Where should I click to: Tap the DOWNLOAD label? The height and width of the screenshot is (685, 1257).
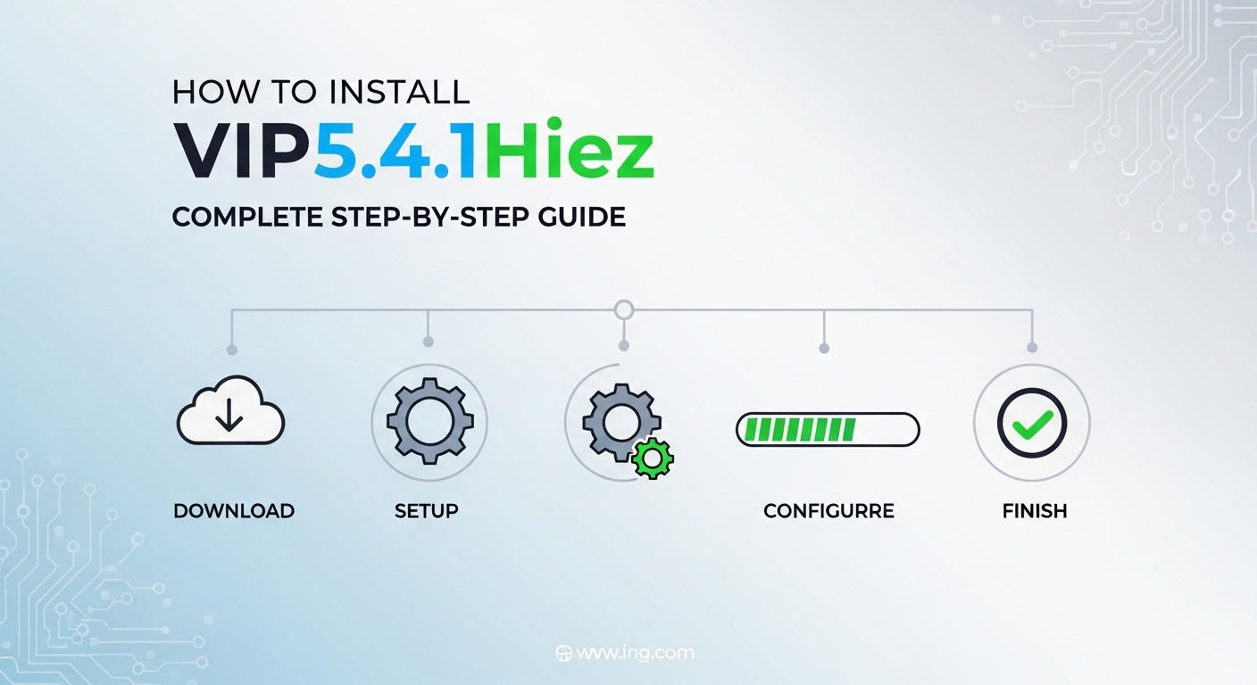click(x=234, y=511)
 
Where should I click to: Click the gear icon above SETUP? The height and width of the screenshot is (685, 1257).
click(x=429, y=422)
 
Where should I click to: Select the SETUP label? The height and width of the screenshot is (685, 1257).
click(x=426, y=511)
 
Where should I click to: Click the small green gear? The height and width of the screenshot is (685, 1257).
click(x=653, y=458)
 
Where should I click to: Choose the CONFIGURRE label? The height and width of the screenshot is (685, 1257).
click(x=828, y=511)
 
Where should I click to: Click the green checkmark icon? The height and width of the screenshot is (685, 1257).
click(x=1032, y=423)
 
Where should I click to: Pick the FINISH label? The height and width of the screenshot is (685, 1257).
click(x=1034, y=511)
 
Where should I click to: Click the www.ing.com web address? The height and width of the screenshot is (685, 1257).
click(x=635, y=653)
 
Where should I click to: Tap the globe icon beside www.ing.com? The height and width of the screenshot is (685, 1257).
click(x=563, y=653)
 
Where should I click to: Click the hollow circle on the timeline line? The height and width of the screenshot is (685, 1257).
click(x=624, y=310)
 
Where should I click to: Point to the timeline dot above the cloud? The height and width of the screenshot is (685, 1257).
click(x=232, y=350)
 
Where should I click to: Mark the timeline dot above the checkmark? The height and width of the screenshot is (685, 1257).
click(x=1033, y=348)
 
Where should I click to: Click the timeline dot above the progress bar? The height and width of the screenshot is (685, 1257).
click(x=823, y=348)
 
